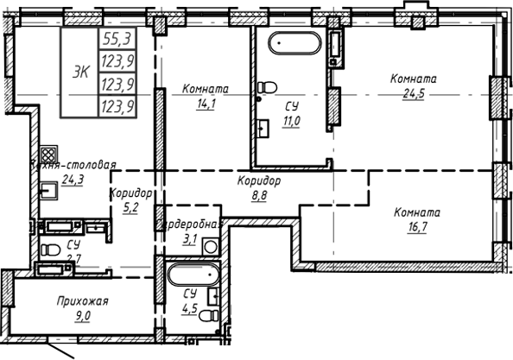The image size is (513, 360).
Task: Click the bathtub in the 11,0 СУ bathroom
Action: click(294, 43)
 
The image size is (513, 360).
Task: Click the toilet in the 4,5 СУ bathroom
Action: click(206, 317)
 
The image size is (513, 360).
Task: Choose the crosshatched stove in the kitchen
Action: click(49, 155)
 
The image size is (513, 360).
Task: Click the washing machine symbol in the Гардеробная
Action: click(210, 246)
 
